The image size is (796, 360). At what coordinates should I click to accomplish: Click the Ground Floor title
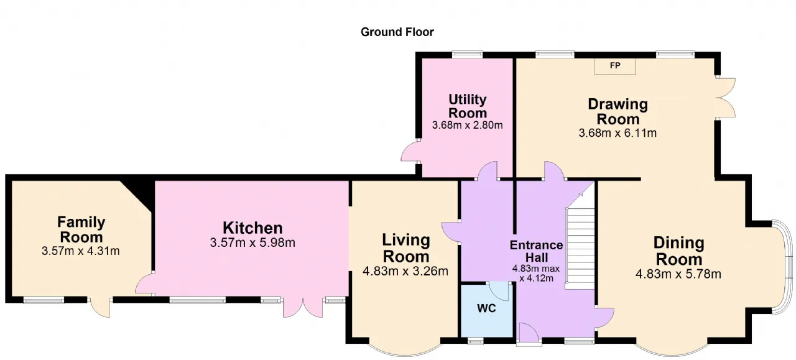coord(397,32)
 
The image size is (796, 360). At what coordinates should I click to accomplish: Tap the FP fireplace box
coord(615,66)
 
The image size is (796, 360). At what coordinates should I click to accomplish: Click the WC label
coord(486,308)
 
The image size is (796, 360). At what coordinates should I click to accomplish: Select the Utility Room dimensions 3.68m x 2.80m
coord(467,125)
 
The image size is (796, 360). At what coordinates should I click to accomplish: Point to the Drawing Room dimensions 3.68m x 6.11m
coord(618,133)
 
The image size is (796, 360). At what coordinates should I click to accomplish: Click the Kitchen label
coord(252,228)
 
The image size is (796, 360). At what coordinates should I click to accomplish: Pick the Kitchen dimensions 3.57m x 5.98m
coord(252,242)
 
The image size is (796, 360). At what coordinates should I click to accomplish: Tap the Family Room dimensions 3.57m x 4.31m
coord(81,251)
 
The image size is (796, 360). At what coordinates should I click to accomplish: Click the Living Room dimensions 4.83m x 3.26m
coord(405,271)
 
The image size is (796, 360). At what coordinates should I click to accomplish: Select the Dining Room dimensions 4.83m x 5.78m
coord(678,274)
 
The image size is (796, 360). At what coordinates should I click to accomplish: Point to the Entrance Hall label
coord(536,251)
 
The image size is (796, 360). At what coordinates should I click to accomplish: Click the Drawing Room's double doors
coord(726,98)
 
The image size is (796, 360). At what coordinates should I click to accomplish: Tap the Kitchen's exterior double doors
coord(303,307)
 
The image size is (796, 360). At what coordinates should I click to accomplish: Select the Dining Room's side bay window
coord(783,267)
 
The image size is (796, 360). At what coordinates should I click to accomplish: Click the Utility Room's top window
coord(467,54)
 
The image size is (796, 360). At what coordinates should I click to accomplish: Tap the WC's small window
coord(475,341)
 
